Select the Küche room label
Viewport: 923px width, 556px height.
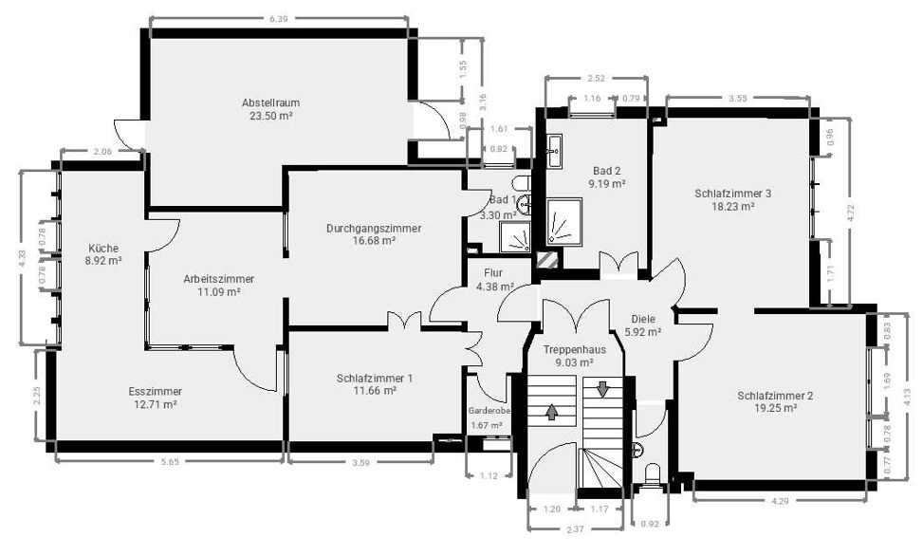point(103,248)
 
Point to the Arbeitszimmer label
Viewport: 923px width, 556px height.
point(218,279)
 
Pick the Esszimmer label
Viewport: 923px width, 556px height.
point(155,391)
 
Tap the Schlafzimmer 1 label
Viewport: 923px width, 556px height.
point(375,378)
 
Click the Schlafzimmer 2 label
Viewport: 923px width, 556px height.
point(775,396)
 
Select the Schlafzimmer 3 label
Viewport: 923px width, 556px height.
point(733,194)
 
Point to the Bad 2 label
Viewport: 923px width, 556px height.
point(605,172)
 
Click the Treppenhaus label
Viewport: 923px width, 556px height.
point(573,349)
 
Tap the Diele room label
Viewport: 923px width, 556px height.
point(643,320)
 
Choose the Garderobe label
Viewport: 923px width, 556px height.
point(489,411)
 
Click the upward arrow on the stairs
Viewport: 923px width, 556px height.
point(552,412)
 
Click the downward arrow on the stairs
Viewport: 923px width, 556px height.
point(602,389)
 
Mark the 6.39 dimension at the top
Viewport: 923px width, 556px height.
point(279,18)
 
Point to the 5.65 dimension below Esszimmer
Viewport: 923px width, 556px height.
point(170,462)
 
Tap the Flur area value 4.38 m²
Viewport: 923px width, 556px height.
point(494,286)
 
